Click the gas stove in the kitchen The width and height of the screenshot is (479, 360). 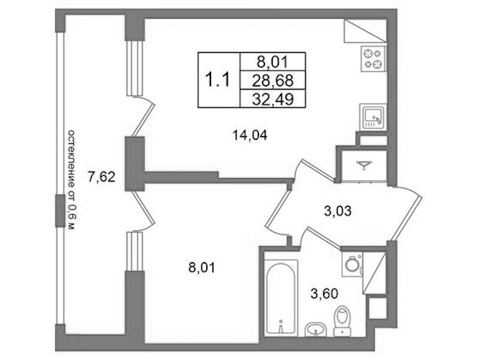coord(373,59)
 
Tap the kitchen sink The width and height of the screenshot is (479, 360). coord(373,116)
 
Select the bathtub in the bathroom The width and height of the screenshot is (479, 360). coord(281,297)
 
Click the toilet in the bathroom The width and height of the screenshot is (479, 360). coord(342,321)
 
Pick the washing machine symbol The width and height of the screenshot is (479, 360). coord(353,264)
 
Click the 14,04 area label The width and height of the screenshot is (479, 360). coord(250,135)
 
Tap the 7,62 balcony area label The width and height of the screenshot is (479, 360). coord(102,177)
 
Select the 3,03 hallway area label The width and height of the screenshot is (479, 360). coord(338,211)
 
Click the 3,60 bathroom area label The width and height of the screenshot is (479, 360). coord(324,293)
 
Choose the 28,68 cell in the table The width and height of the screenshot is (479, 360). coord(273,80)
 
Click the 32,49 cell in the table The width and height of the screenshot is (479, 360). coord(273,99)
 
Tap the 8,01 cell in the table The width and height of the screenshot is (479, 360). coord(273,62)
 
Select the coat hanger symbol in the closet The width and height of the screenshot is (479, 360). coord(364,165)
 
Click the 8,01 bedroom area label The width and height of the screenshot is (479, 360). coord(202,268)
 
